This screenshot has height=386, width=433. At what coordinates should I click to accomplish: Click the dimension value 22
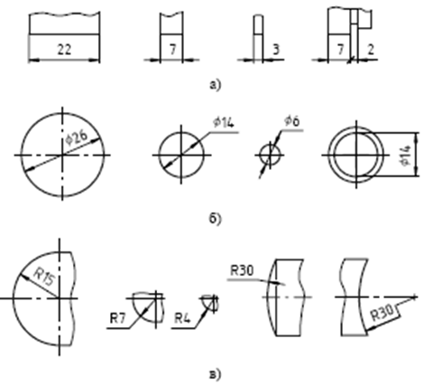click(x=64, y=49)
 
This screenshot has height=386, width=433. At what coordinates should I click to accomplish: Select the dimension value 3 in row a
click(x=276, y=49)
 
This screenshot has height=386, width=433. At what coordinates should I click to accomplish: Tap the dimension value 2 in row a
click(x=371, y=49)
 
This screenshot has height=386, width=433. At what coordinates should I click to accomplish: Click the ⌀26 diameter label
click(x=77, y=137)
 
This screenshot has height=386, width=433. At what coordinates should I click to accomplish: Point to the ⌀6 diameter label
click(x=292, y=121)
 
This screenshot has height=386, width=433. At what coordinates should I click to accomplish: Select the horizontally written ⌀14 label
click(x=224, y=122)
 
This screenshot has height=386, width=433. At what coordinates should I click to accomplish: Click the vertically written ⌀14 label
click(x=405, y=155)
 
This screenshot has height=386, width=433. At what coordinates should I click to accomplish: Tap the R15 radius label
click(x=44, y=277)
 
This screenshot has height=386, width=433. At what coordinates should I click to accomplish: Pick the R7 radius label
click(x=117, y=318)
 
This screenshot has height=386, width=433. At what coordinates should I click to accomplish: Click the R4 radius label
click(x=182, y=318)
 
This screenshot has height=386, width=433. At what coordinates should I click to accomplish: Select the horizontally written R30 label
click(x=242, y=270)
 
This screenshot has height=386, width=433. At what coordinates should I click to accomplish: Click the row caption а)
click(x=215, y=85)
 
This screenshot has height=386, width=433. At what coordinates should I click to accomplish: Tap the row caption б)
click(x=215, y=219)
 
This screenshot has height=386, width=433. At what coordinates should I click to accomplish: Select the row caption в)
click(x=215, y=374)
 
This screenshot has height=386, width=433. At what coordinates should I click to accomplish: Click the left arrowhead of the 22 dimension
click(x=33, y=61)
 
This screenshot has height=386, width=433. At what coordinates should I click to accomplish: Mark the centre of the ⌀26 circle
click(x=62, y=155)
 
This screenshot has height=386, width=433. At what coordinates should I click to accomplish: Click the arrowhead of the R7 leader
click(x=146, y=308)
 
